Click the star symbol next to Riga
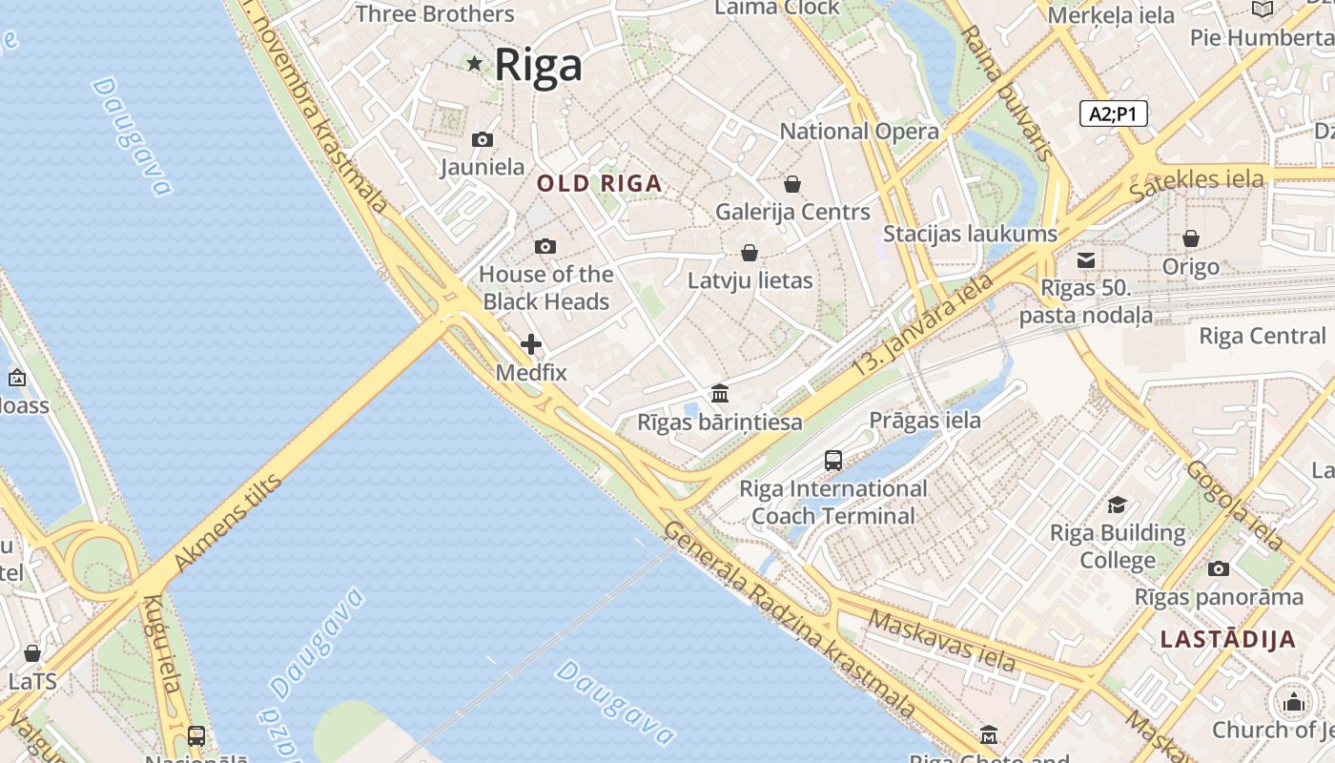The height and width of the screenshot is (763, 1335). pyautogui.click(x=475, y=64)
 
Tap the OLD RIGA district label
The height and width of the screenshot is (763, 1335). pyautogui.click(x=600, y=183)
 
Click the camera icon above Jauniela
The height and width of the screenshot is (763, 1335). pyautogui.click(x=483, y=139)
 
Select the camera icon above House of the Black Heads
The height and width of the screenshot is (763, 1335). pyautogui.click(x=545, y=246)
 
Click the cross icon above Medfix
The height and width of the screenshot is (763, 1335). pyautogui.click(x=531, y=343)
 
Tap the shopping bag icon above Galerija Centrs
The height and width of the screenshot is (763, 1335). pyautogui.click(x=792, y=183)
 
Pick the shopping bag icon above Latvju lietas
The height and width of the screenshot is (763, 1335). pyautogui.click(x=750, y=253)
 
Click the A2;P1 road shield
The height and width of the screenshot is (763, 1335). pyautogui.click(x=1113, y=113)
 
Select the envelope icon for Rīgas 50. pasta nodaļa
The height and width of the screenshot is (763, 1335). pyautogui.click(x=1086, y=259)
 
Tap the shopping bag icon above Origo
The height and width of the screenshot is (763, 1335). pyautogui.click(x=1191, y=238)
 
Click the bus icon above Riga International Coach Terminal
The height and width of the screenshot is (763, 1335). pyautogui.click(x=833, y=461)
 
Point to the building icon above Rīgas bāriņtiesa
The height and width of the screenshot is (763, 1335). pyautogui.click(x=720, y=393)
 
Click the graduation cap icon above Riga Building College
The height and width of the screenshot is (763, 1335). pyautogui.click(x=1118, y=505)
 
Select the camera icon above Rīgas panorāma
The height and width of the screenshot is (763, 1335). pyautogui.click(x=1219, y=568)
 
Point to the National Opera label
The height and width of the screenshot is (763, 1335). pyautogui.click(x=859, y=132)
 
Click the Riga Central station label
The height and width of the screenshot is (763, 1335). pyautogui.click(x=1262, y=336)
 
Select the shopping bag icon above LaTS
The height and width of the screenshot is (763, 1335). pyautogui.click(x=32, y=653)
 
